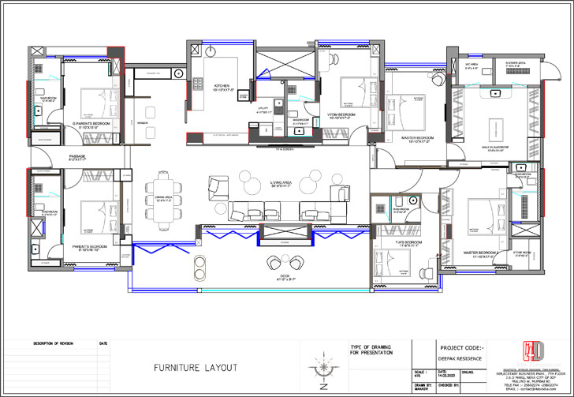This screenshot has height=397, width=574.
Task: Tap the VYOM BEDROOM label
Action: pyautogui.click(x=342, y=115)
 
